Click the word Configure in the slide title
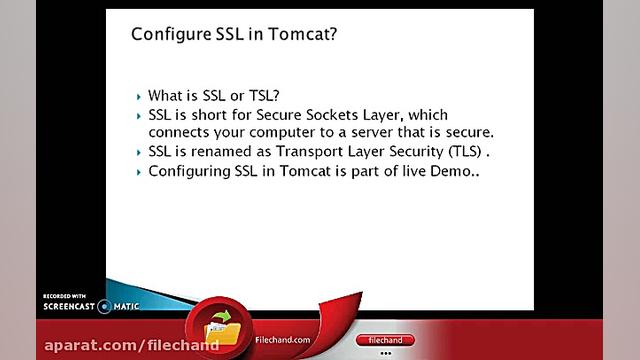(x=171, y=34)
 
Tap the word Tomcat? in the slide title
(x=302, y=34)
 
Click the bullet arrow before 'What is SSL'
(x=139, y=97)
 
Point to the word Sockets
(x=332, y=115)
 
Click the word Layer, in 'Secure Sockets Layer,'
(x=382, y=116)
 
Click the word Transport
(x=310, y=151)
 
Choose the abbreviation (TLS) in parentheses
(x=465, y=151)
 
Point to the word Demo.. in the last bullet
(x=455, y=171)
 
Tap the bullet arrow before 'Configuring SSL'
(x=139, y=173)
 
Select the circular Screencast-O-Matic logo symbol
(x=104, y=307)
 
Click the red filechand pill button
(x=385, y=340)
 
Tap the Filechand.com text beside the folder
(x=282, y=340)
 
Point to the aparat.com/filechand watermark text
(x=131, y=346)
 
